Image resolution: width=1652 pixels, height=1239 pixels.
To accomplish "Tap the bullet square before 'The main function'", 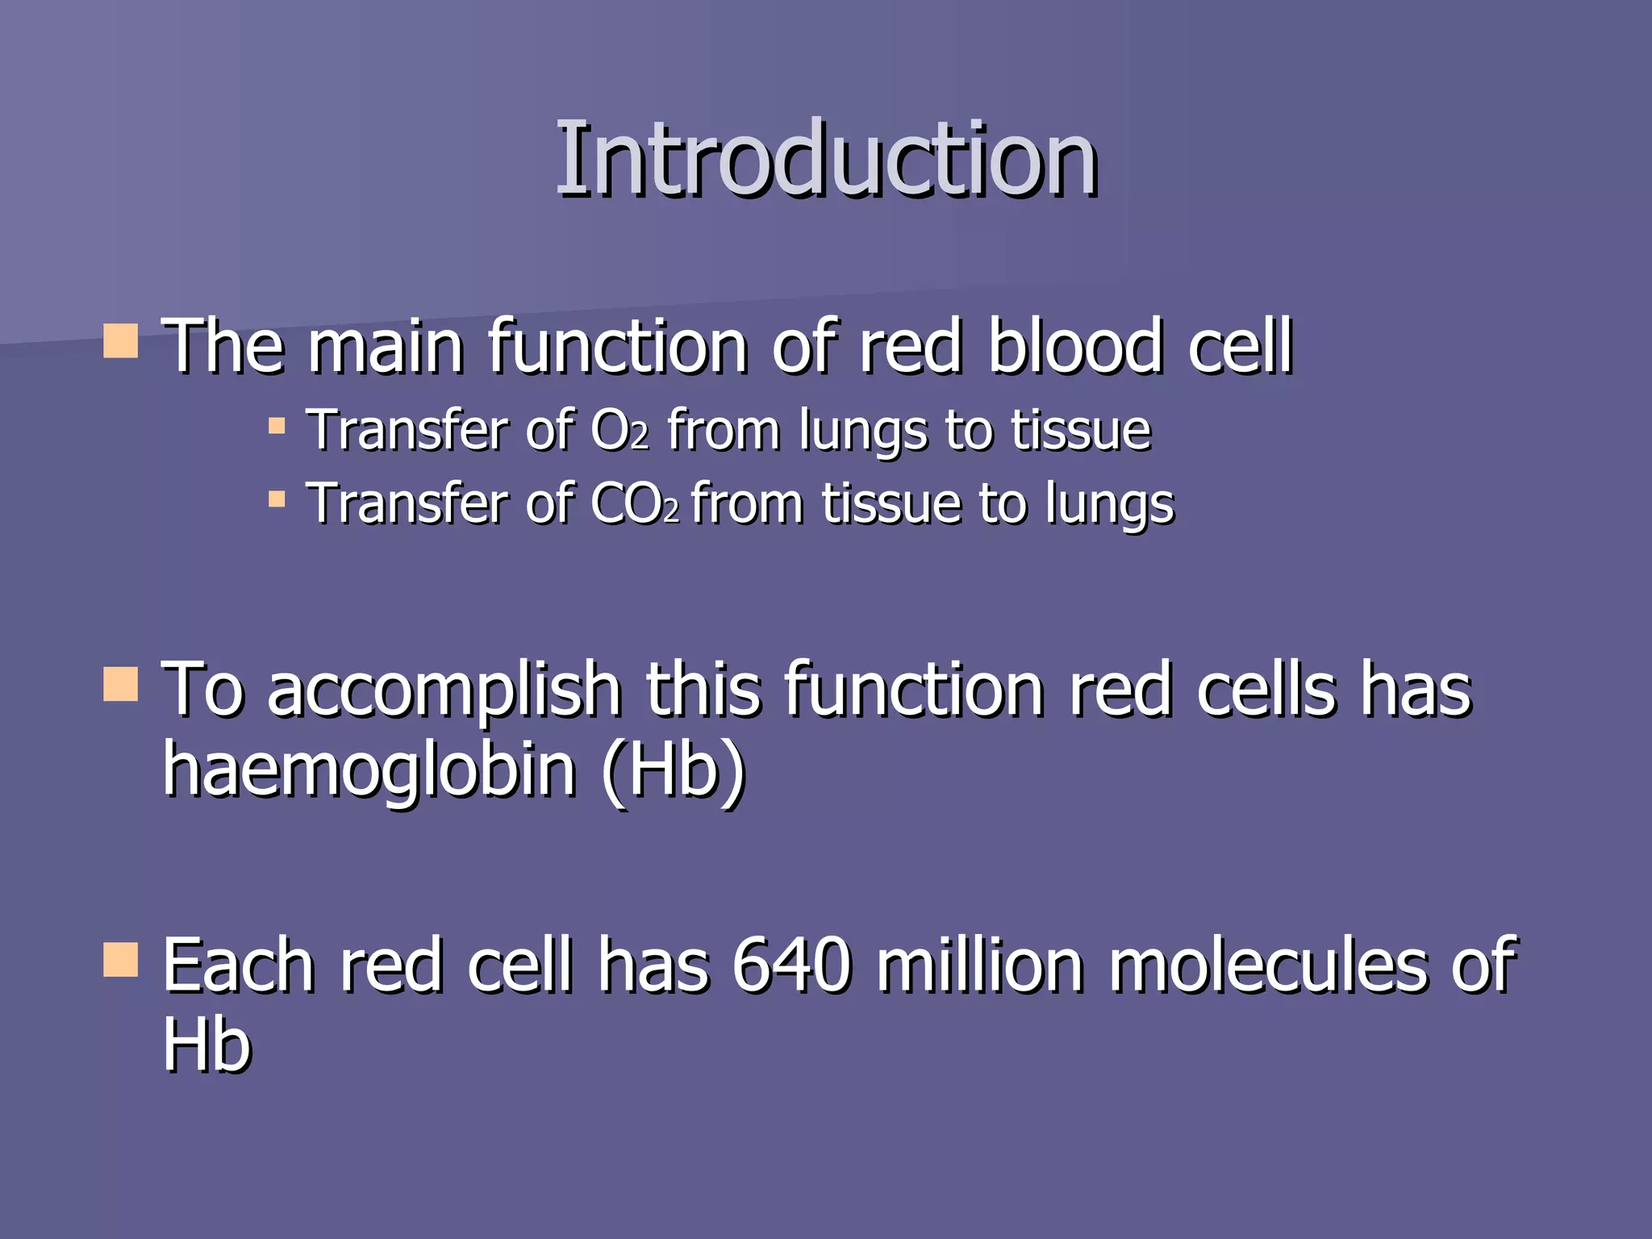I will click(121, 341).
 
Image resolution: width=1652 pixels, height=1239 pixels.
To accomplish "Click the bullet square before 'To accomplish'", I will click(121, 684).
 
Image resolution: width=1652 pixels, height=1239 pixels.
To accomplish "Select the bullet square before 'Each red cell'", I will click(121, 960).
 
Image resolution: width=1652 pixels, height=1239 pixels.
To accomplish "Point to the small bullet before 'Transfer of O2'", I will click(277, 426).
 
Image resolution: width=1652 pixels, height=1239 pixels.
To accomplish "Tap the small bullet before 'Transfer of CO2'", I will click(277, 499).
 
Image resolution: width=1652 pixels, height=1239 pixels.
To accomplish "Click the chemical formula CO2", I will click(634, 504).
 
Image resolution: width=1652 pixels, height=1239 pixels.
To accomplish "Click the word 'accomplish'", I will click(444, 690).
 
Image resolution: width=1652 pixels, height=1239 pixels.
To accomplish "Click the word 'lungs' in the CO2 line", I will click(1109, 506).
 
